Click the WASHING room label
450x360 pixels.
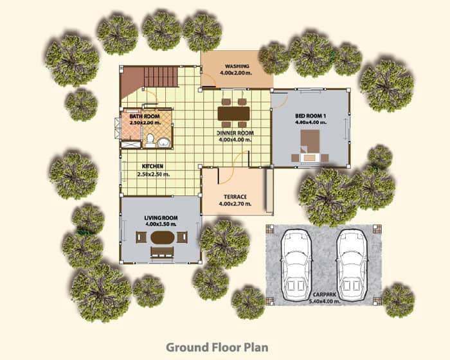coord(237,66)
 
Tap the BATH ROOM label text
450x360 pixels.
coord(145,116)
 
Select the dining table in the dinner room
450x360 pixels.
coord(233,113)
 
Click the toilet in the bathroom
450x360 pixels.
coord(150,140)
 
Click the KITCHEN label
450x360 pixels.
coord(153,166)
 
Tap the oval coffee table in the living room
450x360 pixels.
coord(163,237)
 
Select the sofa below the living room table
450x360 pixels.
coord(162,253)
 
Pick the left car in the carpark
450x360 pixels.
coord(296,264)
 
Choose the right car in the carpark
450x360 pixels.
coord(352,264)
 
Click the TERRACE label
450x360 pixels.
coord(235,197)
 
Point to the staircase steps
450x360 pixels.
coord(161,76)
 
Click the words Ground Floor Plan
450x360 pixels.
coord(217,347)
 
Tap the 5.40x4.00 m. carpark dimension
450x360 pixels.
coord(325,301)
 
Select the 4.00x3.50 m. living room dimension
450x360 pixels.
coord(161,224)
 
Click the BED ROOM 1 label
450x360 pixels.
coord(310,116)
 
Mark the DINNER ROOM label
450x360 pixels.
coord(235,133)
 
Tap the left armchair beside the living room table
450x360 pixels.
coord(141,237)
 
